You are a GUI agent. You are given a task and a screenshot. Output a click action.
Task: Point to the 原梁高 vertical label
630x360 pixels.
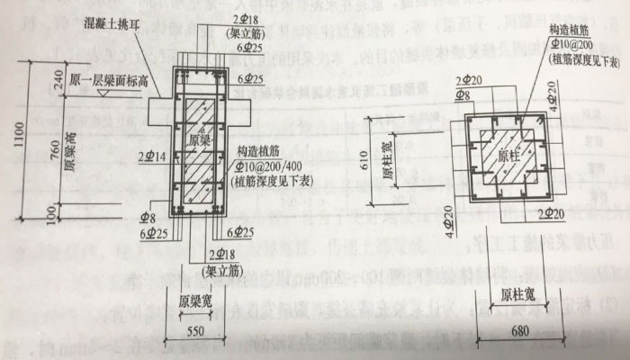coord(68,153)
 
